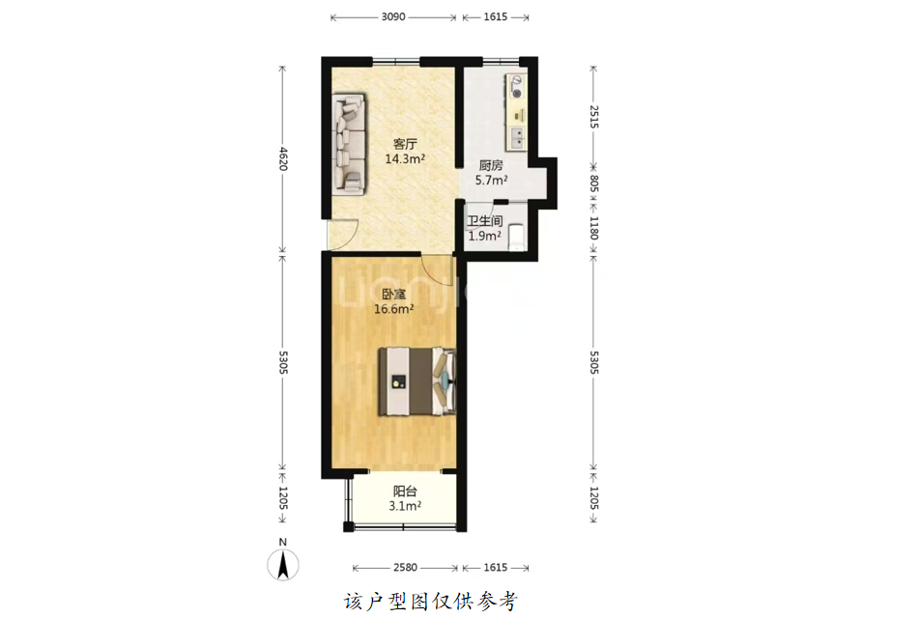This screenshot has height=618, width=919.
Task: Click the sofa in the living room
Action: (x=349, y=144)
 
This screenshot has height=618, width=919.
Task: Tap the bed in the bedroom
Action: (x=416, y=381)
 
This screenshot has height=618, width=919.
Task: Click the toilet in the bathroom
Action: (x=516, y=236)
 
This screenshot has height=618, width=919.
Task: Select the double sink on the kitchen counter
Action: (x=517, y=138)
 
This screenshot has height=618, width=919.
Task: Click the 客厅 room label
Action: (x=404, y=144)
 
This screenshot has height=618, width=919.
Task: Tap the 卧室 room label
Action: (x=394, y=295)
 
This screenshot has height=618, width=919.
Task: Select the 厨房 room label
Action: (x=491, y=166)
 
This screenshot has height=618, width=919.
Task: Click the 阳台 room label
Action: (x=405, y=492)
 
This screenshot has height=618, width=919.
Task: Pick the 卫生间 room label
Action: (x=485, y=221)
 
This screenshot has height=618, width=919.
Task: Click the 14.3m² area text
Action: (x=404, y=158)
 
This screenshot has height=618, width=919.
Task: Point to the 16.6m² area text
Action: (x=394, y=309)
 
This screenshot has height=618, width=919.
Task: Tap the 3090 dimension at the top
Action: (x=393, y=17)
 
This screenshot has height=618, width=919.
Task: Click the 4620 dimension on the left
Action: (x=283, y=158)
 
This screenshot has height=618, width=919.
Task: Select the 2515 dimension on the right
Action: (x=593, y=117)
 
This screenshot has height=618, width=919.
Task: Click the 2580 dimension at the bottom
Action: (x=405, y=567)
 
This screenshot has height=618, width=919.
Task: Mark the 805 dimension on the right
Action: (x=593, y=183)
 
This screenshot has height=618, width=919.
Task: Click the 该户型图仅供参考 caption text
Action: (x=431, y=602)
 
